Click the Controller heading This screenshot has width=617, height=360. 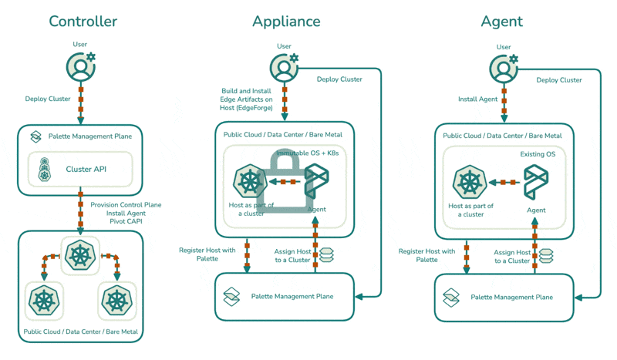pos(83,22)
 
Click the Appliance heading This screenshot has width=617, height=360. pos(286,22)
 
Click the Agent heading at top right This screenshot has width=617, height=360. pos(501,22)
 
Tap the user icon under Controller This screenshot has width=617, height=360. pos(81,66)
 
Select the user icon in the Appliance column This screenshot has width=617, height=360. pos(285,66)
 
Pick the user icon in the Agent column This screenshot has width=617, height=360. pos(504,68)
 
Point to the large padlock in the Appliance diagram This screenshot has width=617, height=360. pos(285,186)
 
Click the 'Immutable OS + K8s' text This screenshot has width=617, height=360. pos(307,154)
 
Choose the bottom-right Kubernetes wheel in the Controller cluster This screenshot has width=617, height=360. pos(117,300)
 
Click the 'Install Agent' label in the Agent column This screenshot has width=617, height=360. pos(477,99)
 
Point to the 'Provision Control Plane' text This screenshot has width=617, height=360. pos(126,205)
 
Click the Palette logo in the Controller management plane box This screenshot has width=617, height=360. pos(35,136)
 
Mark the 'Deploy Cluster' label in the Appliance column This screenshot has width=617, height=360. pos(339,79)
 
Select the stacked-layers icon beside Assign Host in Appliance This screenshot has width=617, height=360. pos(325,255)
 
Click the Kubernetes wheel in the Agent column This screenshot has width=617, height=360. pos(469,184)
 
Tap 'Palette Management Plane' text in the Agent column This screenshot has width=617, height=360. pos(511,297)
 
